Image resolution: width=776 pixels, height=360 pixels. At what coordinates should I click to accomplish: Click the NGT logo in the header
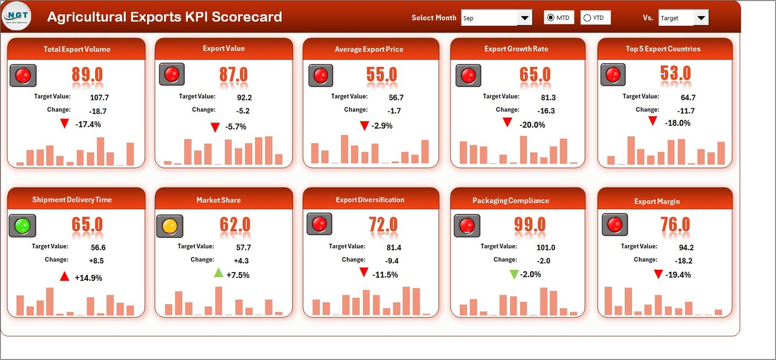[16, 16]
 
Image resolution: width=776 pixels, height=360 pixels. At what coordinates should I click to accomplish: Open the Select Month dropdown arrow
[524, 18]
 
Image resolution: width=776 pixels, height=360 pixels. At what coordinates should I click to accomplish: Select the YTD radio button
[587, 18]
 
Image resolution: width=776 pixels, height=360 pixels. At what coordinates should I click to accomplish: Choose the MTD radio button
[550, 18]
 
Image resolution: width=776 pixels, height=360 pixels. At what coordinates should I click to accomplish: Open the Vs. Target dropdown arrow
[701, 18]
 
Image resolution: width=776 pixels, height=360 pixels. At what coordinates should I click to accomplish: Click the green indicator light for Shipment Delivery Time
[22, 226]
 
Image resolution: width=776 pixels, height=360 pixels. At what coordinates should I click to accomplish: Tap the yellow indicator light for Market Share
[170, 226]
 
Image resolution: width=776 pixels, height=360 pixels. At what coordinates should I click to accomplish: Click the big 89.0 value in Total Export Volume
[87, 75]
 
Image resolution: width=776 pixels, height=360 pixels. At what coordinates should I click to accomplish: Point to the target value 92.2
[244, 98]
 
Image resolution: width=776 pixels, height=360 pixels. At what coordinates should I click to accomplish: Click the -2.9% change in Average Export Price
[382, 126]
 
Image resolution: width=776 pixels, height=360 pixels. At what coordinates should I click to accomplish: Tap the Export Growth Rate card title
[516, 49]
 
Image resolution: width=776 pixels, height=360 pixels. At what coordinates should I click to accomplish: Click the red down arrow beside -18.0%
[653, 121]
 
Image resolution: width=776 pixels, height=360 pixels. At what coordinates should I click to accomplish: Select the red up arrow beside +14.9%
[65, 277]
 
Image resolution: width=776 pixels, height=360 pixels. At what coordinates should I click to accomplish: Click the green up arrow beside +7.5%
[219, 273]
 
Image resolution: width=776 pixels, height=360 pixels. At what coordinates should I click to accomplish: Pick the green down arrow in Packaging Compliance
[514, 275]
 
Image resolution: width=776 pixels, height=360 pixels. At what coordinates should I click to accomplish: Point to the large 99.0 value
[530, 225]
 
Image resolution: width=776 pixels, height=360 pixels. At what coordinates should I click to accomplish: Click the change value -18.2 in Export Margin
[684, 261]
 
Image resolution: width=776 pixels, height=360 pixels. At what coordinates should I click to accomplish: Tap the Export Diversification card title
[370, 200]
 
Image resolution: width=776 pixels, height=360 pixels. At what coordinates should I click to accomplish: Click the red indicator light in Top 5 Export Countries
[613, 75]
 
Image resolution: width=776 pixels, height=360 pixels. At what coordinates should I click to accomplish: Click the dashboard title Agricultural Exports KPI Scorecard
[164, 17]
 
